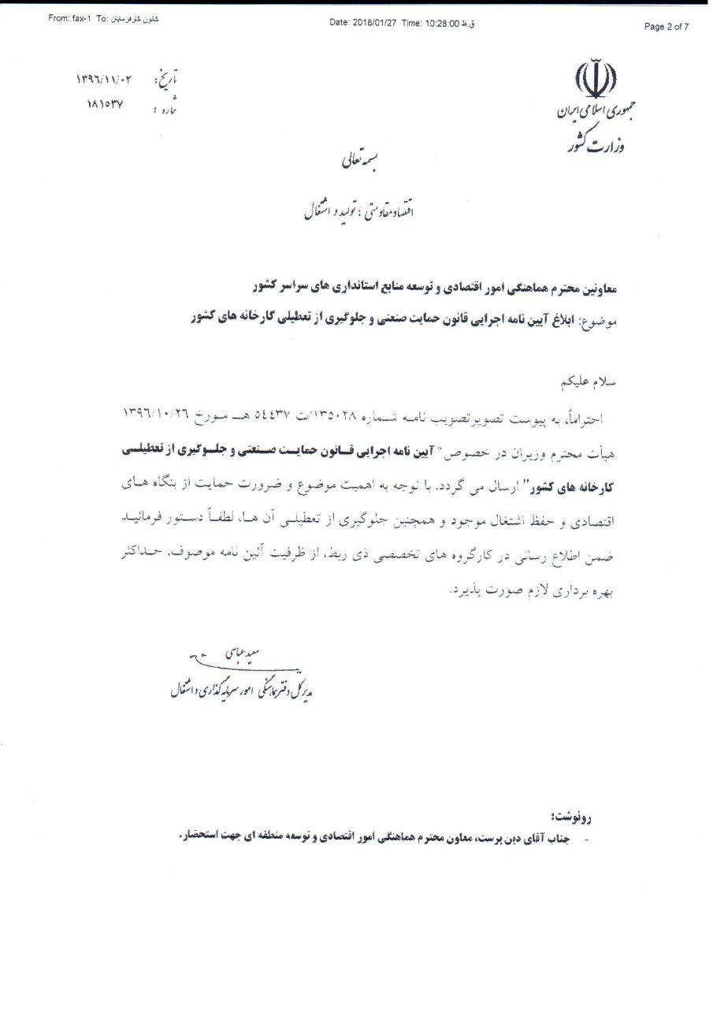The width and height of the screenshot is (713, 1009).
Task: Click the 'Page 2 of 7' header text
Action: click(x=667, y=27)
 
